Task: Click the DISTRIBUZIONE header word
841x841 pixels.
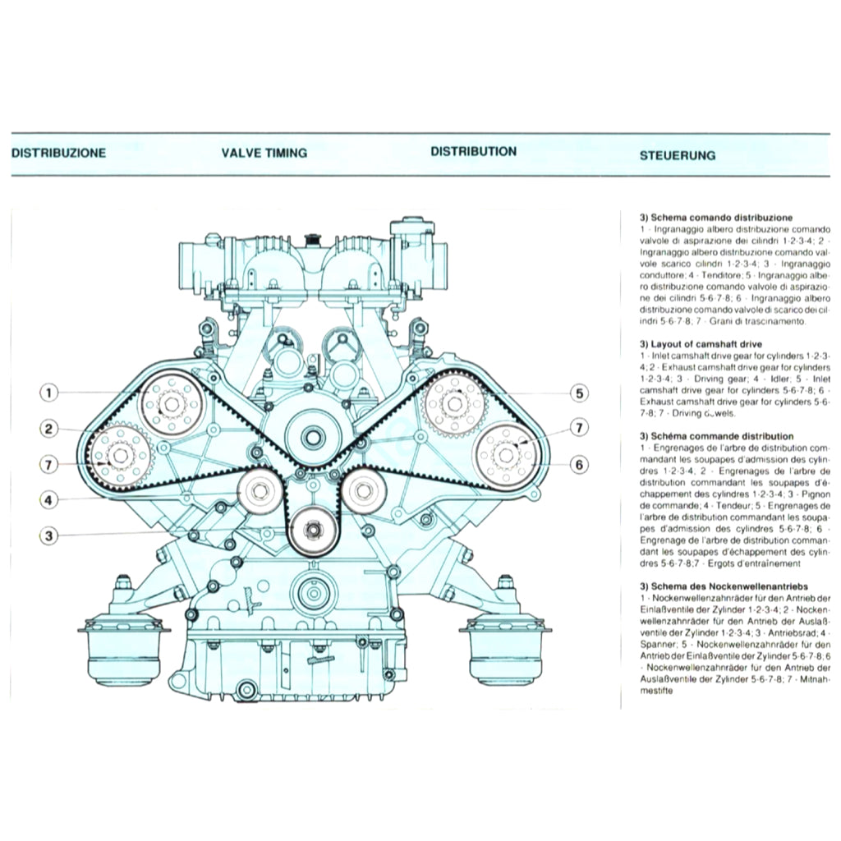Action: tap(58, 153)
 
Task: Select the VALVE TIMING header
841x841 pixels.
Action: tap(264, 153)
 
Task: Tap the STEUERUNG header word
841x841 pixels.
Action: tap(677, 154)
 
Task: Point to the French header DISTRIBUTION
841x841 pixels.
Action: tap(473, 152)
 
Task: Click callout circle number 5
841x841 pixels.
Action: tap(580, 393)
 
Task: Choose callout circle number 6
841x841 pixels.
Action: tap(580, 465)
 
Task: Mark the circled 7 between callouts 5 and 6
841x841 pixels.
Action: tap(580, 428)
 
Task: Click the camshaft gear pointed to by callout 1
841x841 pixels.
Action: tap(171, 404)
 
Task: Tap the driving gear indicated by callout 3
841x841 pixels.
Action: tap(314, 531)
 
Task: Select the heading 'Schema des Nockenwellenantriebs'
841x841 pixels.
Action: tap(724, 586)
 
